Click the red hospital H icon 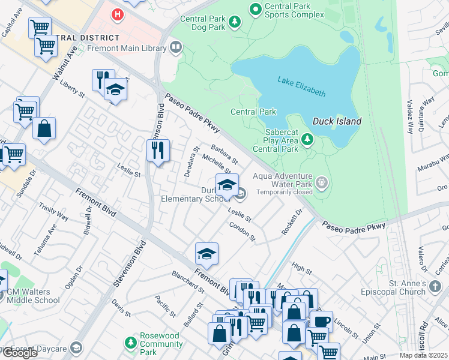tap(119, 13)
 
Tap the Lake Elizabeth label tap(301, 86)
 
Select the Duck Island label tap(337, 121)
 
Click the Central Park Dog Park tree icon tap(235, 23)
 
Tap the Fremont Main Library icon tap(176, 46)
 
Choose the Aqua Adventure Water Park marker tap(322, 181)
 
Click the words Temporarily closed tap(285, 193)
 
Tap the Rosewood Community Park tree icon tap(130, 343)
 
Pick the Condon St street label tap(242, 231)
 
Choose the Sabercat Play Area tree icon tap(307, 140)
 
